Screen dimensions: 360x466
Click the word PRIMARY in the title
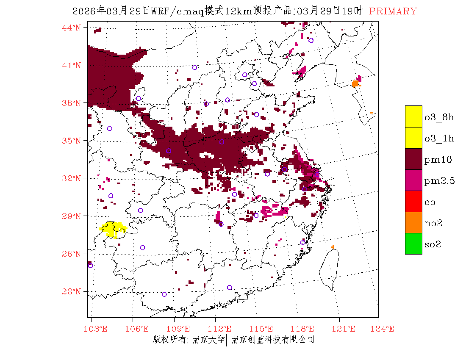pyautogui.click(x=393, y=11)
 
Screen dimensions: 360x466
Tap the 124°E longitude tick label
pyautogui.click(x=384, y=329)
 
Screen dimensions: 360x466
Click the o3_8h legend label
pyautogui.click(x=439, y=117)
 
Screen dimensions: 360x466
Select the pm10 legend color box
pyautogui.click(x=413, y=159)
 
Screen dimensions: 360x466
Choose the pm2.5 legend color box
pyautogui.click(x=413, y=180)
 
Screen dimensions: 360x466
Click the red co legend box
pyautogui.click(x=413, y=202)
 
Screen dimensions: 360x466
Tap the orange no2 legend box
pyautogui.click(x=413, y=223)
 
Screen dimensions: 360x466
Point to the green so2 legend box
pyautogui.click(x=413, y=244)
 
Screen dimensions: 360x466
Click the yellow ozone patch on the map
pyautogui.click(x=112, y=229)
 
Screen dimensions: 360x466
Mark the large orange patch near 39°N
pyautogui.click(x=355, y=83)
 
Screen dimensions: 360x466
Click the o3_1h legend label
pyautogui.click(x=439, y=138)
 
